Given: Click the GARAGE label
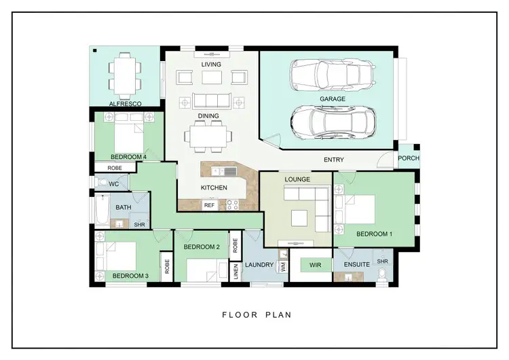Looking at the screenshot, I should (x=333, y=98).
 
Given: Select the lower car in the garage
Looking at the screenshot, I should (x=331, y=122).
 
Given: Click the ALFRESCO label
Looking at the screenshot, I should (x=125, y=104).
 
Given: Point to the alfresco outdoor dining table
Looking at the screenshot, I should (x=124, y=74).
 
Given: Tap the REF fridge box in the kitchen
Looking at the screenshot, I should (x=210, y=204).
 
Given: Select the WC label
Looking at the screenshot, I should (x=113, y=183).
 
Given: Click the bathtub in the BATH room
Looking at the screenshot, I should (x=100, y=212).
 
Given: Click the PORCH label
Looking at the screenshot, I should (x=409, y=158).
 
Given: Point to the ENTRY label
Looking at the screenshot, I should (x=334, y=160).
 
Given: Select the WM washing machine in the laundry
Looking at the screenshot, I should (x=283, y=267).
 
